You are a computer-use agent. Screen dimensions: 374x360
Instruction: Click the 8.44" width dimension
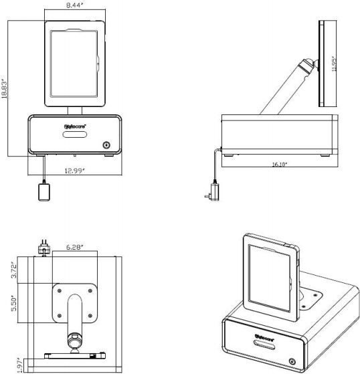click(x=76, y=5)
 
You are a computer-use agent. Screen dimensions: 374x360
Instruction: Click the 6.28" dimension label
click(x=75, y=248)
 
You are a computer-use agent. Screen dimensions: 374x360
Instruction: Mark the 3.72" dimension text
click(x=15, y=269)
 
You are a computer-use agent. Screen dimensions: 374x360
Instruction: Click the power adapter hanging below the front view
click(x=46, y=192)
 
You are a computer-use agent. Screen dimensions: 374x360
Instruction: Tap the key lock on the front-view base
click(x=106, y=145)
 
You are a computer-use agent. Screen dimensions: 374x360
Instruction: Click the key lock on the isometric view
click(x=292, y=362)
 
